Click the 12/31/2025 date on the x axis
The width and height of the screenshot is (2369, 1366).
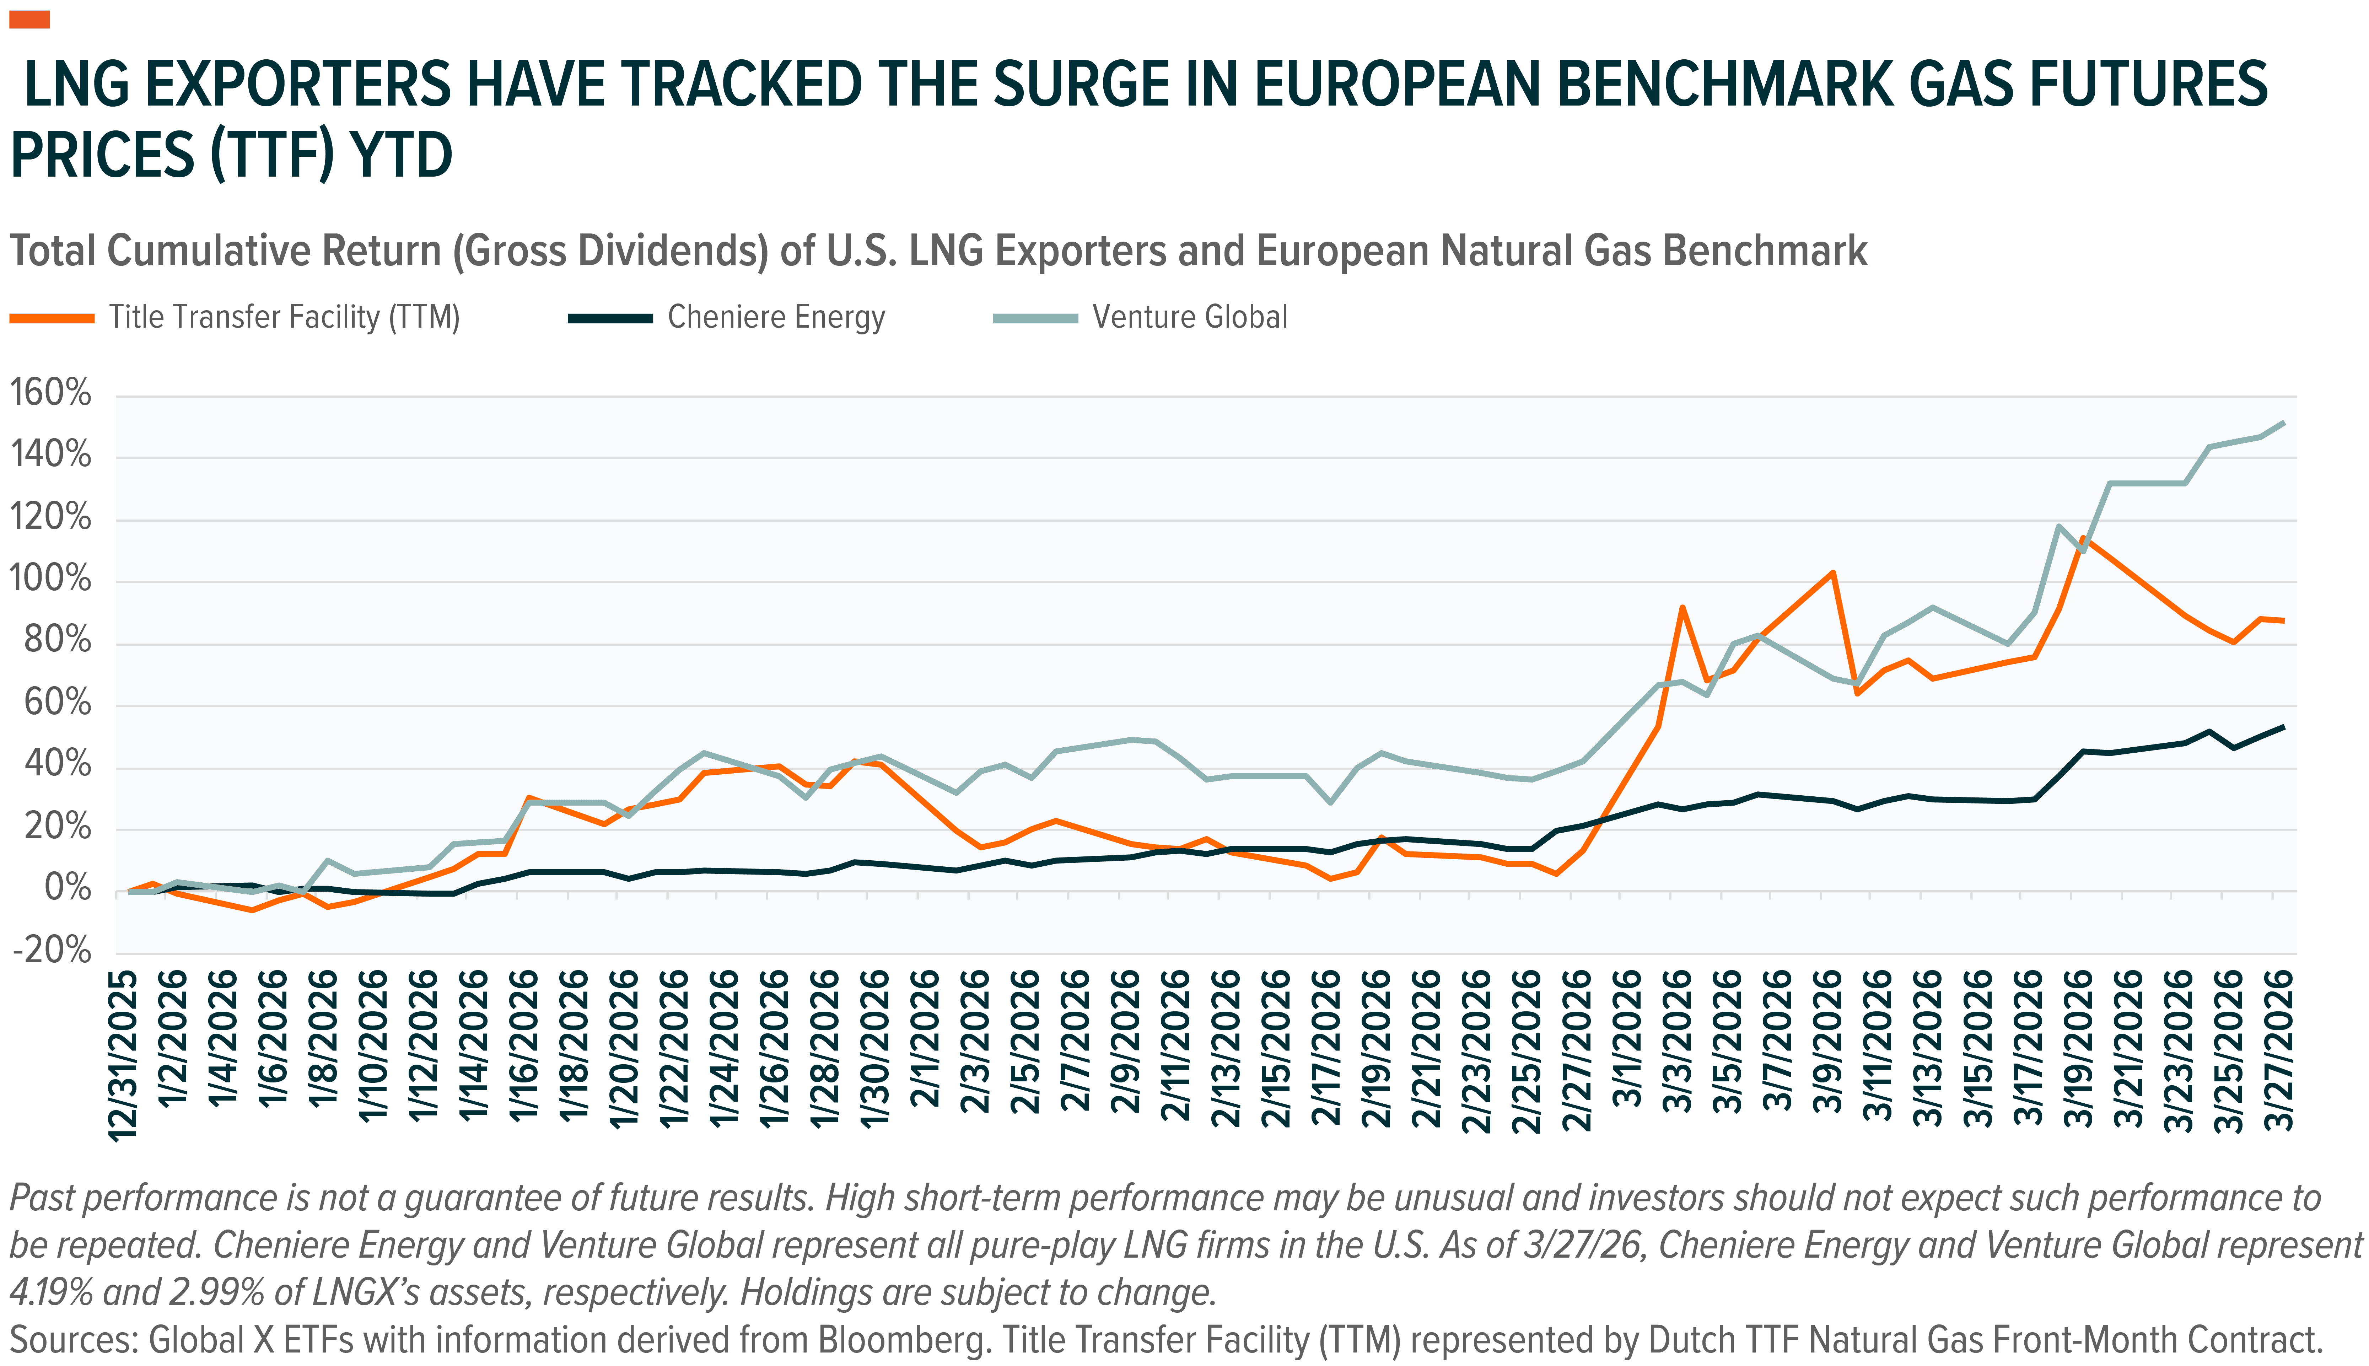pyautogui.click(x=124, y=1055)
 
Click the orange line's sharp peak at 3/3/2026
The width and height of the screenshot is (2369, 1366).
pyautogui.click(x=1681, y=607)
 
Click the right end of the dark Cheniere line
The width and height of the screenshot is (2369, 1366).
pyautogui.click(x=2282, y=726)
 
